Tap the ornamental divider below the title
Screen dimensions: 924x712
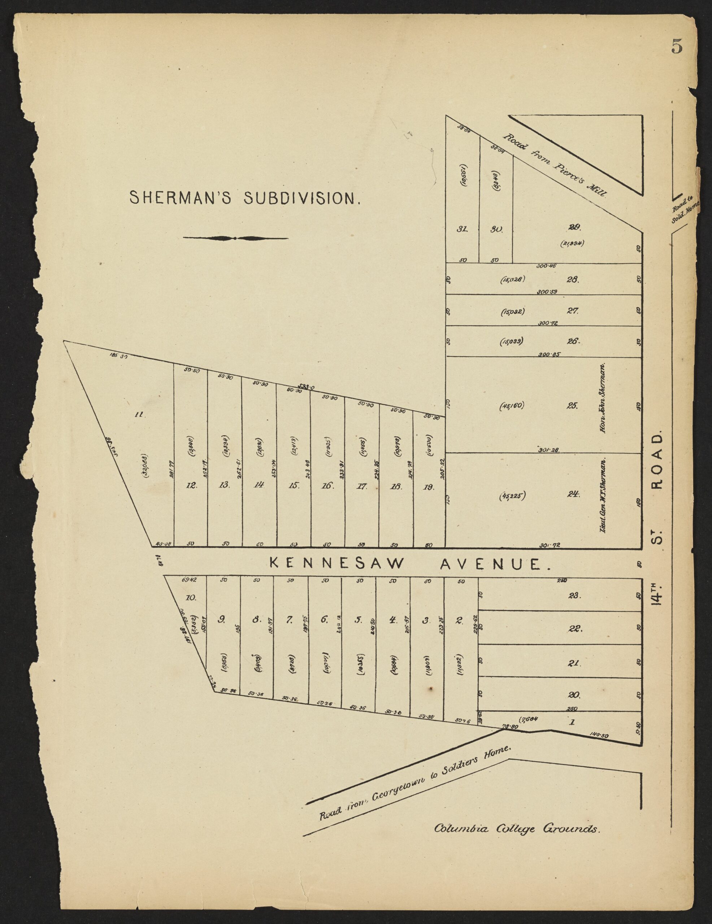tap(236, 238)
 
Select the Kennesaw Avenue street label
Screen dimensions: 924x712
tap(408, 564)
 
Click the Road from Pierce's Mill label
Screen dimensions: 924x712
tap(555, 166)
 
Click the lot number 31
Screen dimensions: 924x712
tap(462, 229)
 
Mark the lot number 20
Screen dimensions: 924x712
tap(574, 695)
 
